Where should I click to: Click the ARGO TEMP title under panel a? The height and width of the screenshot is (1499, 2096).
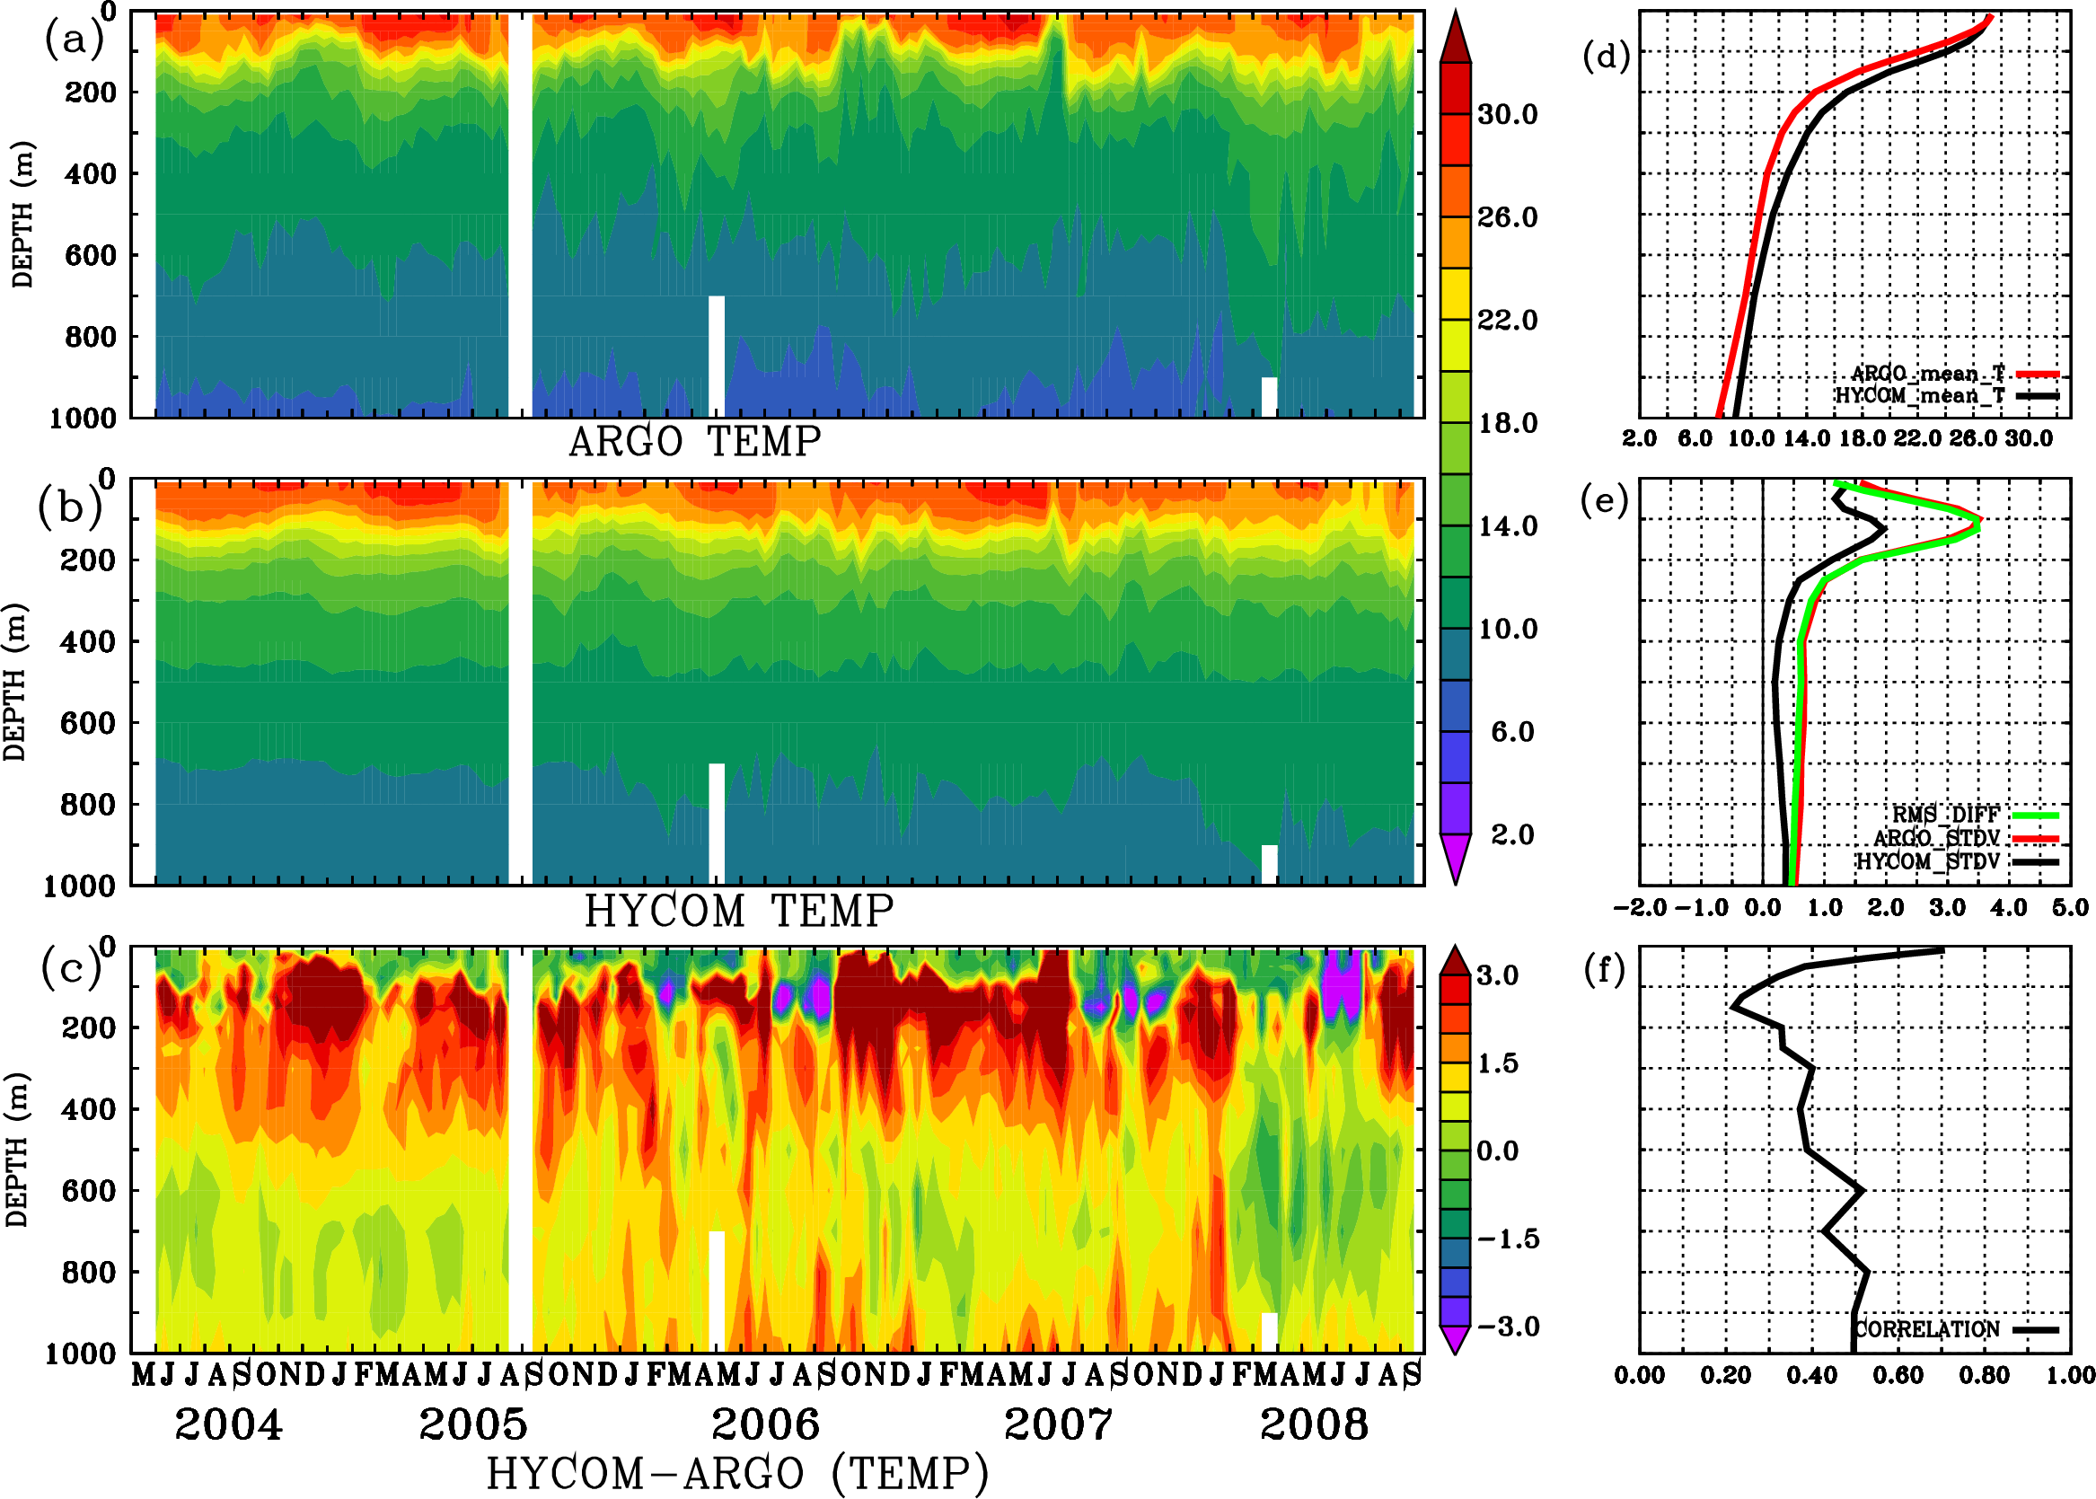point(694,442)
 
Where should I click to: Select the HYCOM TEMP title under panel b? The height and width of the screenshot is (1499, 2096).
point(738,911)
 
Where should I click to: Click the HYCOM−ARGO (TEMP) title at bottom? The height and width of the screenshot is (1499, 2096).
point(736,1472)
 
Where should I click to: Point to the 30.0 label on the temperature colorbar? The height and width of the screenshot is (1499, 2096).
point(1507,114)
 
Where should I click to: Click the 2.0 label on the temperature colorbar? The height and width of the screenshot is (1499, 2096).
point(1511,834)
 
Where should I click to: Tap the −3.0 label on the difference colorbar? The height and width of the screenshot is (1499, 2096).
point(1507,1327)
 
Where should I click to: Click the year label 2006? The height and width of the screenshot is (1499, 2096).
point(765,1424)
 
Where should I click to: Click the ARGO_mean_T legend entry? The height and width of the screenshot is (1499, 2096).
point(1929,373)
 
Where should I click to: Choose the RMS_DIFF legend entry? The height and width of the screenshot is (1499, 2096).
point(1945,814)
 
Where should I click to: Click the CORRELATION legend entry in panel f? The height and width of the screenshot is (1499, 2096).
point(1927,1329)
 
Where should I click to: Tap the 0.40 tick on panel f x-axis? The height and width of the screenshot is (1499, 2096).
point(1811,1375)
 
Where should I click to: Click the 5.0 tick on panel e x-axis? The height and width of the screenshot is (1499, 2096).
point(2070,907)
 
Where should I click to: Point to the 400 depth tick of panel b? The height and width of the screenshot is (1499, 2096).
point(89,640)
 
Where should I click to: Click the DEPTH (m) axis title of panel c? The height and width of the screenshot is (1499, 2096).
point(15,1149)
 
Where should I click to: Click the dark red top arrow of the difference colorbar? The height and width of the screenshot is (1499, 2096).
point(1456,962)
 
